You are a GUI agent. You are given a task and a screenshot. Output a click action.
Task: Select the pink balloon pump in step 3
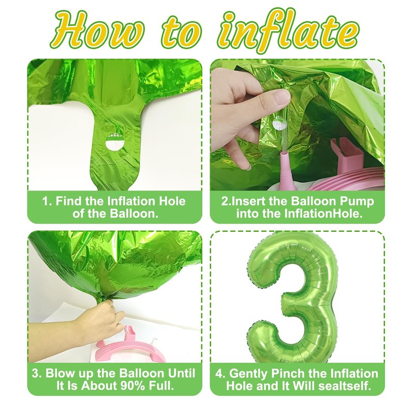point(131,346)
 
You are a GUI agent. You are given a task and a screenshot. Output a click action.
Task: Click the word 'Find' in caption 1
point(69,201)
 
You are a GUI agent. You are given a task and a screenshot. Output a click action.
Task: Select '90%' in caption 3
point(132,386)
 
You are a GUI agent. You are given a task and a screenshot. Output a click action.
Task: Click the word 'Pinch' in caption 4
point(287,374)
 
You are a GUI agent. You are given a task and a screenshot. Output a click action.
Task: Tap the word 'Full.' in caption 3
point(161,386)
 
